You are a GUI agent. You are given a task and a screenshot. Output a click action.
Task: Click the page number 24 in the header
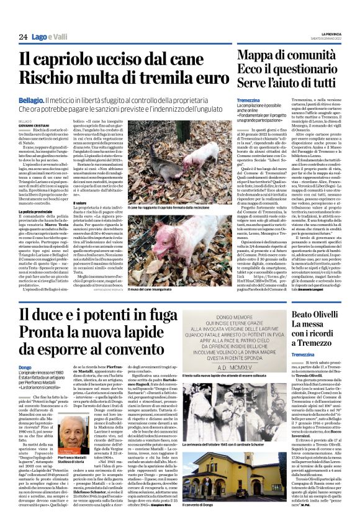22,37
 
